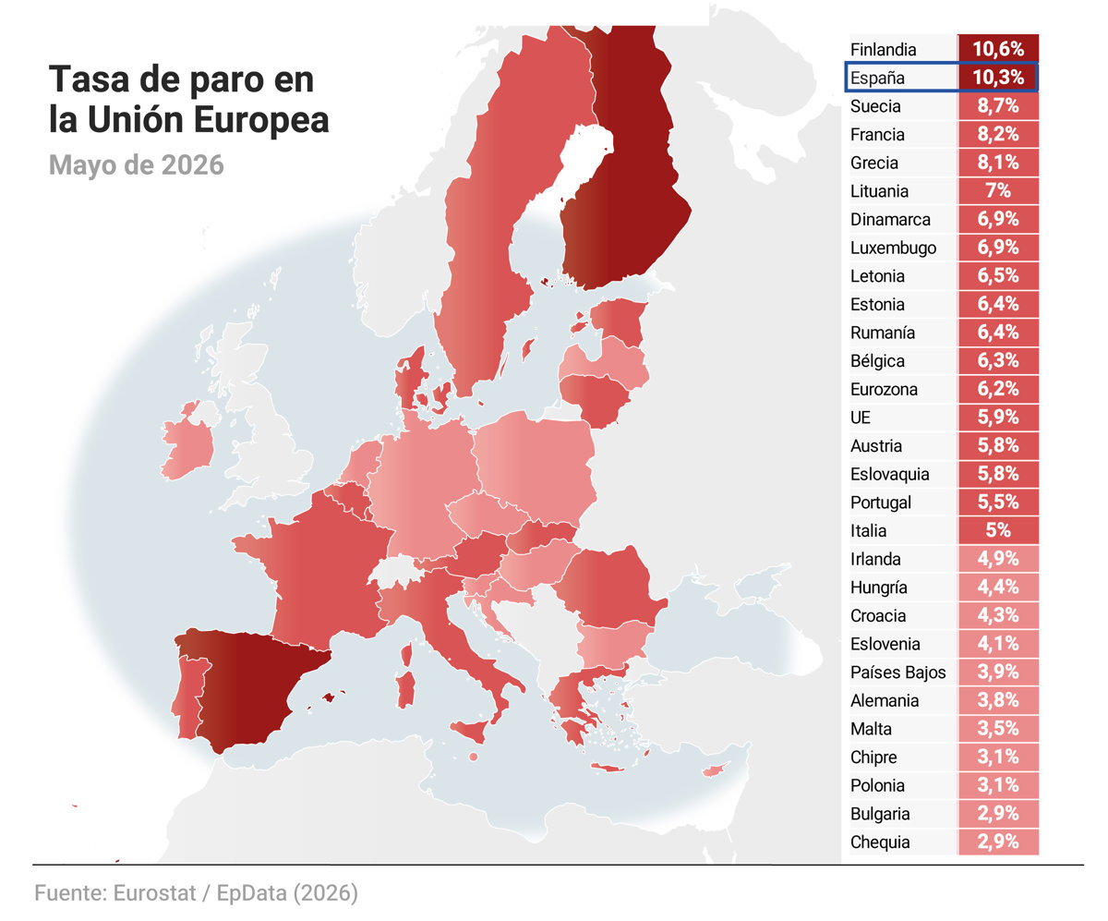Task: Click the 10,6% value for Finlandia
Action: coord(997,49)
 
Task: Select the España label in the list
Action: coord(877,78)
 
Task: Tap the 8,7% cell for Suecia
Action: coord(997,105)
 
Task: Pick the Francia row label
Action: coord(877,134)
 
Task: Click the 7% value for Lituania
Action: coord(997,190)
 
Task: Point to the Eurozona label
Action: coord(884,389)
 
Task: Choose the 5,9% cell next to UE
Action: coord(997,418)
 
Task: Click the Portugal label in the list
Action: coord(880,503)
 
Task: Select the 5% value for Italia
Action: coord(997,530)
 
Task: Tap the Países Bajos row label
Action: coord(897,672)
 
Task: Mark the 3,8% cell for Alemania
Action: coord(997,700)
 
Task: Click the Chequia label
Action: coord(880,842)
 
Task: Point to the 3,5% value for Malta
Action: coord(997,728)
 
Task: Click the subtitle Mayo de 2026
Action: coord(137,165)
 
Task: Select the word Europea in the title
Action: coord(261,120)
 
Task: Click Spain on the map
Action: coord(249,685)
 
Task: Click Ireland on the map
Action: coord(187,447)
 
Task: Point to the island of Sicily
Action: coord(469,731)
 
